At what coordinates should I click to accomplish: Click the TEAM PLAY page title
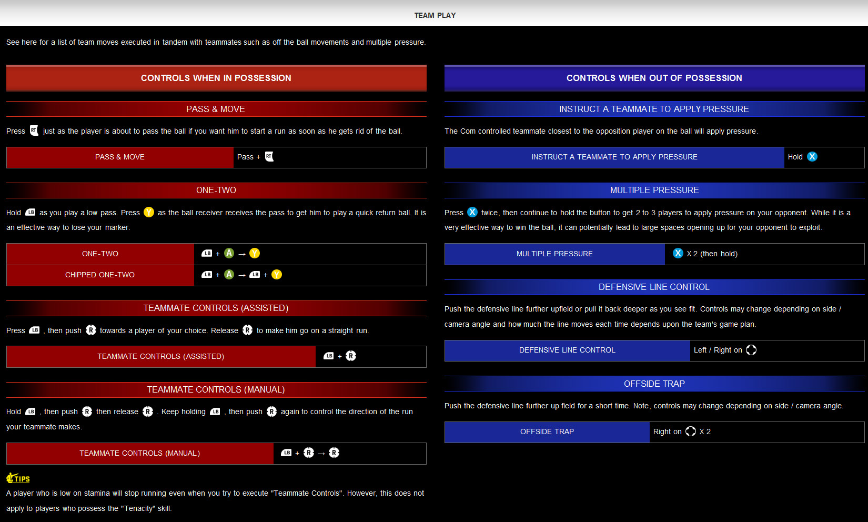[435, 15]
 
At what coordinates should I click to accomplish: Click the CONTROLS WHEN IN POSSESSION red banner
[216, 78]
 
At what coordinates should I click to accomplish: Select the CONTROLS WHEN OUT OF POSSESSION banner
[654, 78]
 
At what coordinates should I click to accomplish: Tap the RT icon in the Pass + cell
[269, 157]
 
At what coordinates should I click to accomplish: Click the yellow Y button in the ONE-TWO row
[255, 254]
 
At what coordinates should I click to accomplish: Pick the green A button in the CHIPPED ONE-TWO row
[229, 275]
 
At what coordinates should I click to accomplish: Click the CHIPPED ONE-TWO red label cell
[100, 275]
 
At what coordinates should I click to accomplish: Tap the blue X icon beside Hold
[812, 157]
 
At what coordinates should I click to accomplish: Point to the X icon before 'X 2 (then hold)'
[678, 254]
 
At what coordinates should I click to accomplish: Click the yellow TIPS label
[18, 478]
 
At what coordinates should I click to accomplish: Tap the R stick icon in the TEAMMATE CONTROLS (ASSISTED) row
[351, 356]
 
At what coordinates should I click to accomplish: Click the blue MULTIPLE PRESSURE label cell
[554, 254]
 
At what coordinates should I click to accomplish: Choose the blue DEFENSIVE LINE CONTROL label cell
[567, 350]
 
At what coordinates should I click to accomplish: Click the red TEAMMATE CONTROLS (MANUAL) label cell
[140, 454]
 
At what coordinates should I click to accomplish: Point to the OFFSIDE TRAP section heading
[654, 384]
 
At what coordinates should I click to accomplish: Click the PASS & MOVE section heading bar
[216, 109]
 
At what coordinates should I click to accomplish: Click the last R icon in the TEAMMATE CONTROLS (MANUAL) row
[334, 453]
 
